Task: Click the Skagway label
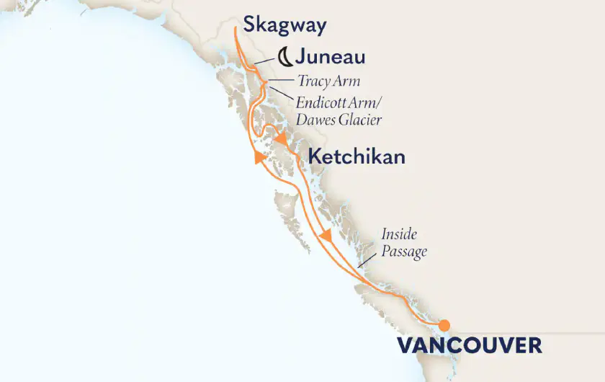(x=284, y=26)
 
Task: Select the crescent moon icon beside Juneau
(x=286, y=55)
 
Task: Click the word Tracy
(x=313, y=81)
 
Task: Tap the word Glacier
(x=359, y=119)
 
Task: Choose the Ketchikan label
(x=357, y=156)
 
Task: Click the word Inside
(x=400, y=236)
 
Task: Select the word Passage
(x=403, y=252)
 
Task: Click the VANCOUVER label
(x=469, y=345)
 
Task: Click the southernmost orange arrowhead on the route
(x=326, y=236)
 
